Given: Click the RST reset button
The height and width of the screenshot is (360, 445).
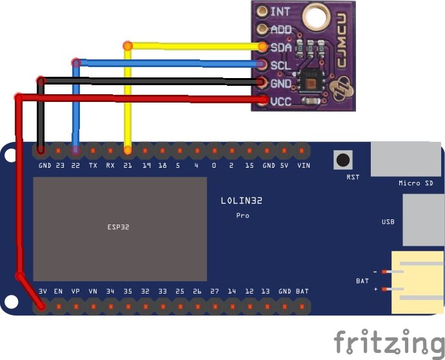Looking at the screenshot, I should pyautogui.click(x=342, y=159).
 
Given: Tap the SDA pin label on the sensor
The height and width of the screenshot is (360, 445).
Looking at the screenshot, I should pyautogui.click(x=281, y=47).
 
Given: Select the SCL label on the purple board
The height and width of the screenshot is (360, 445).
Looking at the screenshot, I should pyautogui.click(x=281, y=65).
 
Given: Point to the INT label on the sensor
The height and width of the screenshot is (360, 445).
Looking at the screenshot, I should pyautogui.click(x=280, y=11).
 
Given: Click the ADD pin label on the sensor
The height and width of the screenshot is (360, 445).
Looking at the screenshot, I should pyautogui.click(x=281, y=29).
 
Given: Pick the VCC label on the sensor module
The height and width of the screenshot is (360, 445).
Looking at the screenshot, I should pyautogui.click(x=281, y=101).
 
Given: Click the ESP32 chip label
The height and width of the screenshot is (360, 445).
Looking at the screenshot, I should pyautogui.click(x=118, y=228).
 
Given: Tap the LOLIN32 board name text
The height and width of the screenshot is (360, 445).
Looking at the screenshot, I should pyautogui.click(x=242, y=201).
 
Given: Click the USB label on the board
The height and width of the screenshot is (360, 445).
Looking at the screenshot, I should pyautogui.click(x=388, y=222).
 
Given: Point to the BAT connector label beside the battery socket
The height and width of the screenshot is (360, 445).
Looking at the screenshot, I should pyautogui.click(x=362, y=281).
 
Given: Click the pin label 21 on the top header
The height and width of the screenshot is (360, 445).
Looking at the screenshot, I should pyautogui.click(x=128, y=165).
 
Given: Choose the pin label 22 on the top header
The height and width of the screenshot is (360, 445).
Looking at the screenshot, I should pyautogui.click(x=76, y=165).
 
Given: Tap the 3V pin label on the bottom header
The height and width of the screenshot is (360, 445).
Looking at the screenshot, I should pyautogui.click(x=43, y=292).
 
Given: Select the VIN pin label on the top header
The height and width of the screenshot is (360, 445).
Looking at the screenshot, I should pyautogui.click(x=303, y=165).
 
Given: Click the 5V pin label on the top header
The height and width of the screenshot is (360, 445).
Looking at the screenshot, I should pyautogui.click(x=285, y=165).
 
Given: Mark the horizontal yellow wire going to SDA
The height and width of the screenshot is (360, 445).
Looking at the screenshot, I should pyautogui.click(x=193, y=46).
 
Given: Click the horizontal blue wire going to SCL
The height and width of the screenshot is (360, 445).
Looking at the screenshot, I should pyautogui.click(x=168, y=63).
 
